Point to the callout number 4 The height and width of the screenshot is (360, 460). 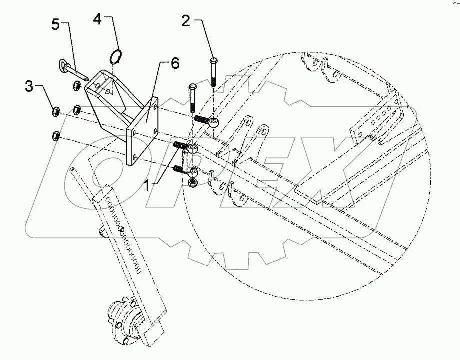tap(98, 21)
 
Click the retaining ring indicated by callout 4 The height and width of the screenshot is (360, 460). tap(116, 56)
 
